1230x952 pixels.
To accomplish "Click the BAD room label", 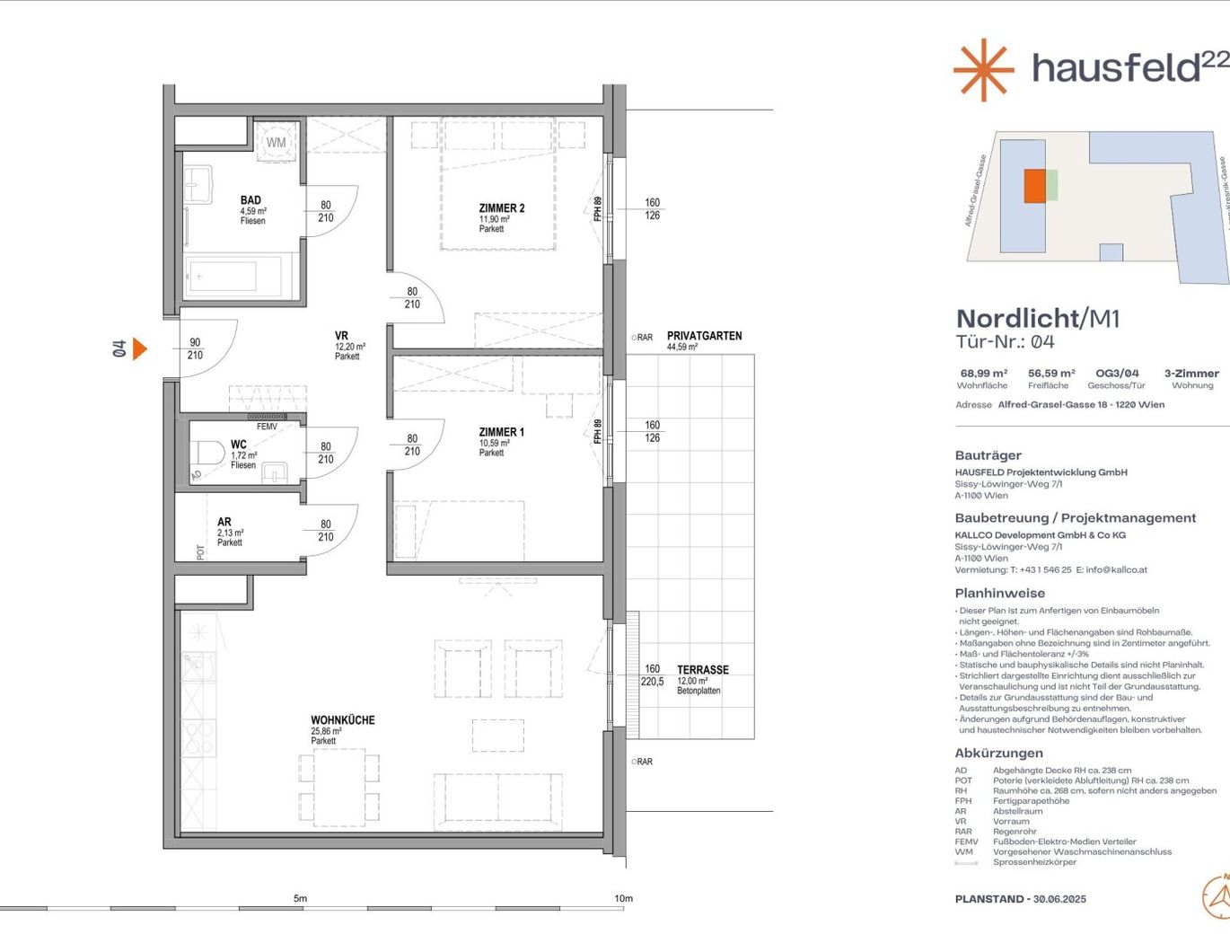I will (x=250, y=200).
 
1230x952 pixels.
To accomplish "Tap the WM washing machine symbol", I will (x=276, y=142).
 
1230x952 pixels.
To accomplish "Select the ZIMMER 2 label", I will (x=502, y=208).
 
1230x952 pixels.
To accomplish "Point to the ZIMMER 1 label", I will (x=502, y=432).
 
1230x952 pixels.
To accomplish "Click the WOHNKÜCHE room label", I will (x=343, y=720).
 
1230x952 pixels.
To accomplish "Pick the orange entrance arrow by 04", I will (x=139, y=348).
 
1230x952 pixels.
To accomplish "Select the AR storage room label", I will (x=224, y=522).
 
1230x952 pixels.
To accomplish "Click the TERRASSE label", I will (x=703, y=670).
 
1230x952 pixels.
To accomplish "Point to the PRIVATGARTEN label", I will (x=704, y=336).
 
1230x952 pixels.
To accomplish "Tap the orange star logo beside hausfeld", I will (x=983, y=69).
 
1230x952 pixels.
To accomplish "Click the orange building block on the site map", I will (x=1035, y=186).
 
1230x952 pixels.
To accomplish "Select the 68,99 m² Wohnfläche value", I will (x=983, y=374).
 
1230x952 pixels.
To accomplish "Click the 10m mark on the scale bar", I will (x=623, y=899).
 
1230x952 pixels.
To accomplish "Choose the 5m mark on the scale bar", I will (x=300, y=899).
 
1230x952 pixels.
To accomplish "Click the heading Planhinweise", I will (x=999, y=594).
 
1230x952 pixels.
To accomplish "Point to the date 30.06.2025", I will (x=1059, y=899).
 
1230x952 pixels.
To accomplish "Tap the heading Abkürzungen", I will (x=998, y=754).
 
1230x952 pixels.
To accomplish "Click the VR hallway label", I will (x=341, y=336).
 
